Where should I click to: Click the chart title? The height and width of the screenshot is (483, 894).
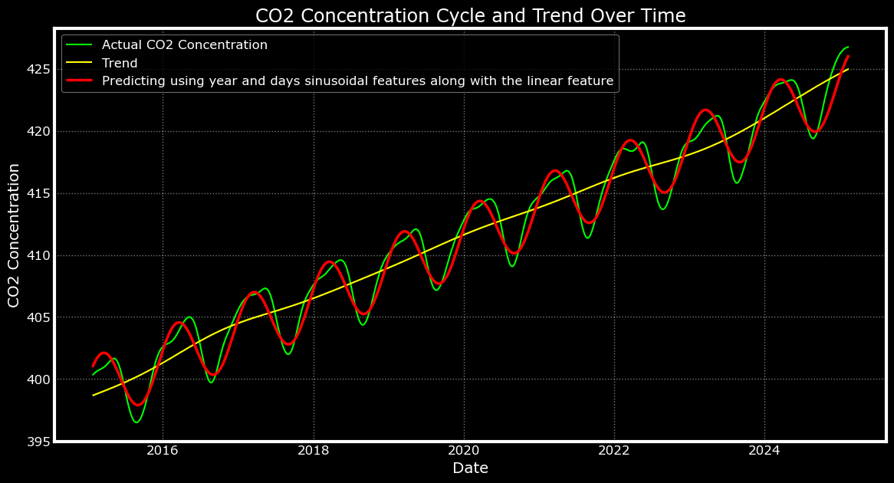tap(470, 15)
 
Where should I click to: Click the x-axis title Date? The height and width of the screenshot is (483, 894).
tap(470, 468)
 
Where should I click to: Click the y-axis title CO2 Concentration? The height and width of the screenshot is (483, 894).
tap(15, 235)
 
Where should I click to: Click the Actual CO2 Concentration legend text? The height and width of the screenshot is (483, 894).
tap(184, 45)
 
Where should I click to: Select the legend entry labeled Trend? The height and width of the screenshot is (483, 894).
tap(120, 63)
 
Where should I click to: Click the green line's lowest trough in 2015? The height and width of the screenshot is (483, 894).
tap(136, 422)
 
